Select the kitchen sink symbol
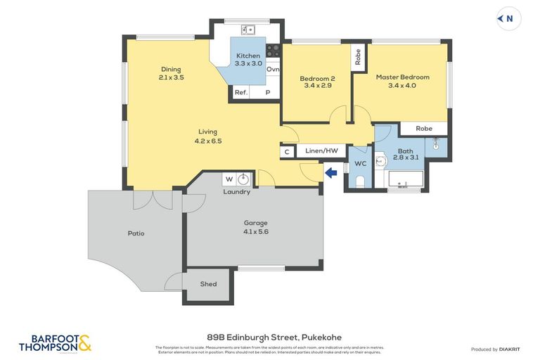(247, 30)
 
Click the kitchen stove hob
(274, 50)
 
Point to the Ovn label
(273, 70)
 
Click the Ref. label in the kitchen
(241, 92)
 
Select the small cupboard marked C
(287, 152)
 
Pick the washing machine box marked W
(229, 179)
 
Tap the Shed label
(208, 285)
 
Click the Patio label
(136, 233)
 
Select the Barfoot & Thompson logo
(56, 342)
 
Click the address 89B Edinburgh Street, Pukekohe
(271, 337)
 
